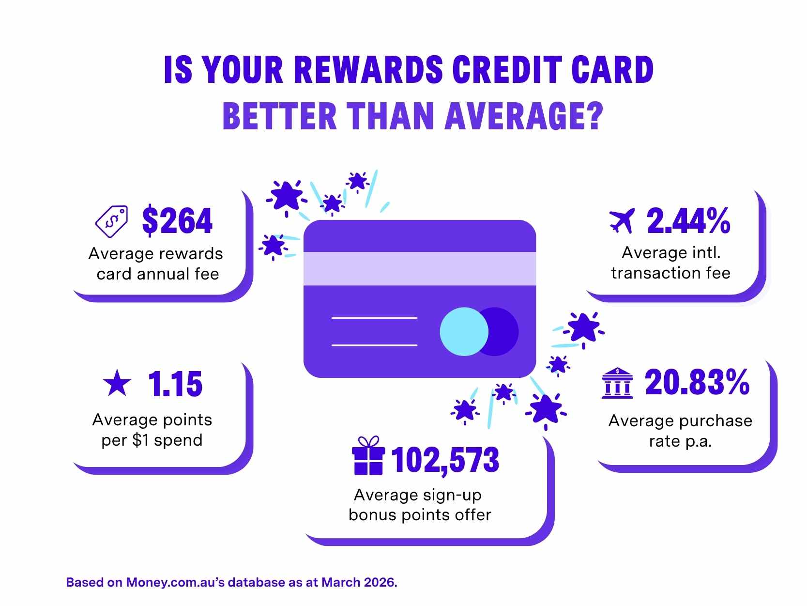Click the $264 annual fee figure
point(177,221)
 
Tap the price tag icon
point(112,221)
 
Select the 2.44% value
point(688,221)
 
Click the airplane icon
point(622,221)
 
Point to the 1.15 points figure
point(175,384)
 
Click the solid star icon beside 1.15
point(117,383)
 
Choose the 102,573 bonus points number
point(445,460)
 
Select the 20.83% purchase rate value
point(697,382)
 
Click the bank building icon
point(617,383)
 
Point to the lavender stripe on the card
point(419,268)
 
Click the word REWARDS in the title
point(368,70)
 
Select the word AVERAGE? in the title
point(525,116)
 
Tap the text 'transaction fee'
point(670,273)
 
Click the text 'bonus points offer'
point(420,514)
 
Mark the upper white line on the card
point(374,318)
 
